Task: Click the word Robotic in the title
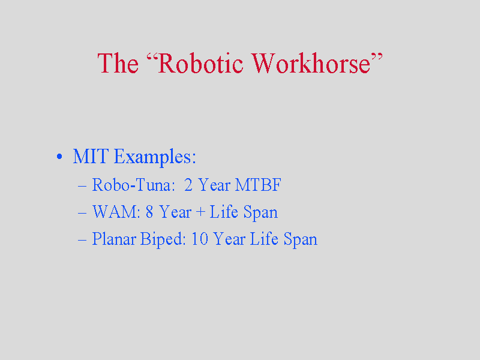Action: (200, 64)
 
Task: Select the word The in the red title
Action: (118, 63)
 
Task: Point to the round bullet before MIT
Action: (59, 157)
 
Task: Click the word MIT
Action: (91, 156)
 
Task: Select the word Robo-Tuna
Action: (131, 185)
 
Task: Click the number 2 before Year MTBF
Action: (188, 185)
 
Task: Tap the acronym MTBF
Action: (258, 185)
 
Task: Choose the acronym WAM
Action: (114, 212)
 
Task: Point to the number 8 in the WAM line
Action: (149, 212)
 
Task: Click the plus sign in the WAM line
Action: (200, 212)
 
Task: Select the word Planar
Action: (114, 239)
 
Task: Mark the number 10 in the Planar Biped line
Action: (200, 239)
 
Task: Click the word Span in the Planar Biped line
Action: (301, 239)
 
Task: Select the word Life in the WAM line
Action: (224, 212)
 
